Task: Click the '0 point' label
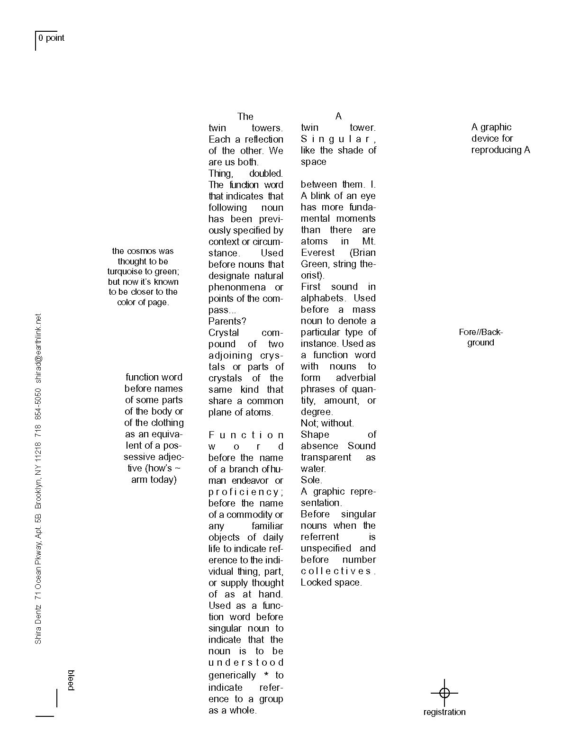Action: [51, 38]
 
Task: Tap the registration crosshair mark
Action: [444, 693]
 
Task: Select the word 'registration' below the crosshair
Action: [444, 712]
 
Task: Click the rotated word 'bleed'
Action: [71, 680]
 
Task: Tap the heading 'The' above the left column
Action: [245, 117]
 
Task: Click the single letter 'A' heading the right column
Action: [338, 116]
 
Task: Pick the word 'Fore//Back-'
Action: [480, 332]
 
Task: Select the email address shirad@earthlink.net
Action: [38, 348]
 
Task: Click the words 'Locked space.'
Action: [331, 582]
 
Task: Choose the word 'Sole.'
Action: [311, 480]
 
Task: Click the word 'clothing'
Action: [166, 423]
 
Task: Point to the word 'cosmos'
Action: [143, 251]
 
